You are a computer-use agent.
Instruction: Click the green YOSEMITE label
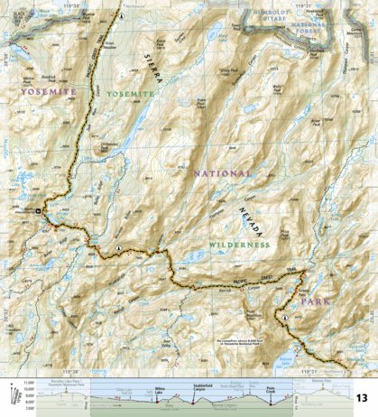point(128,93)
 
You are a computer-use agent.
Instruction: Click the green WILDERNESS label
point(238,245)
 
